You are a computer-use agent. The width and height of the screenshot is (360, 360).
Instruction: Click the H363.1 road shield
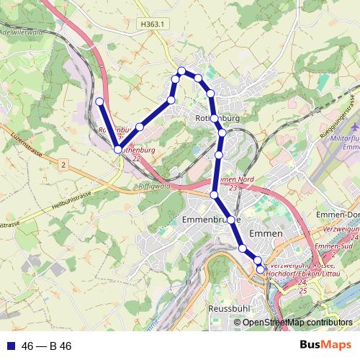tap(153, 24)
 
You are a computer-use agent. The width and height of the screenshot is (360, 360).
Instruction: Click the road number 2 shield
tap(63, 166)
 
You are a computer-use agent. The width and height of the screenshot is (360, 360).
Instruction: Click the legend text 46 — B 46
tap(47, 346)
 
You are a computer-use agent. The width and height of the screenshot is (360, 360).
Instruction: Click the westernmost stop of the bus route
tap(100, 102)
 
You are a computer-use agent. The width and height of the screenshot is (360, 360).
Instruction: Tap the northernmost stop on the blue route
tap(182, 71)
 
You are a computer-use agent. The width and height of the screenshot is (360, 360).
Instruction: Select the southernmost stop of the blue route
tap(261, 269)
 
